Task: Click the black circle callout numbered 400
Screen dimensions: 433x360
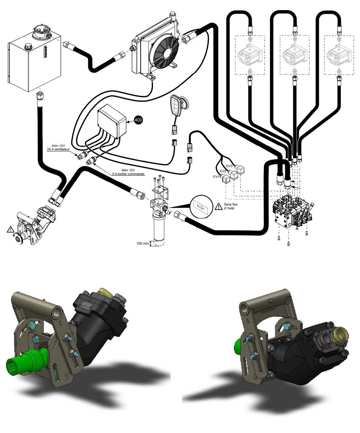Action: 138,120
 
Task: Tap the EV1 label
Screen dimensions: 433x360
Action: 216,176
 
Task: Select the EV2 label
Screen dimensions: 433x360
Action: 223,171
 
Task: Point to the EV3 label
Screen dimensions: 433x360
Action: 229,166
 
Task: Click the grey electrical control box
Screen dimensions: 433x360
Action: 111,121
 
